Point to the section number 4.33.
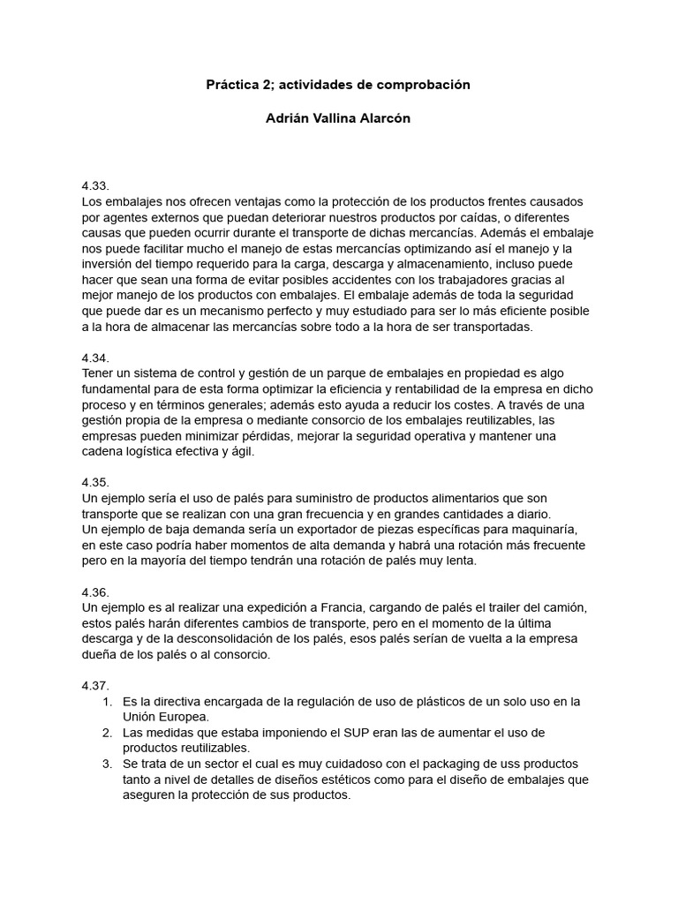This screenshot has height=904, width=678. coord(94,186)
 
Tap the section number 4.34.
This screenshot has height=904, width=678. coord(94,358)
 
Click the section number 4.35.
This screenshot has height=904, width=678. coord(94,483)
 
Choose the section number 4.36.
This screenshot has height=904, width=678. coord(94,592)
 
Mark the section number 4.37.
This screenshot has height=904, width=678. coord(94,686)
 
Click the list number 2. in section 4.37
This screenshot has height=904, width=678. coord(107,734)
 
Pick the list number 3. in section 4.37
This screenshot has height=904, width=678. coord(107,765)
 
